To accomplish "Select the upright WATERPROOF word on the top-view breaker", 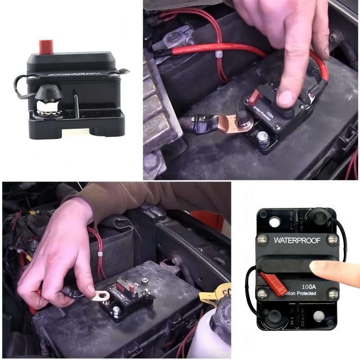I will [x=297, y=240].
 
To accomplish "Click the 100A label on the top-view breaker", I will [x=309, y=286].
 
